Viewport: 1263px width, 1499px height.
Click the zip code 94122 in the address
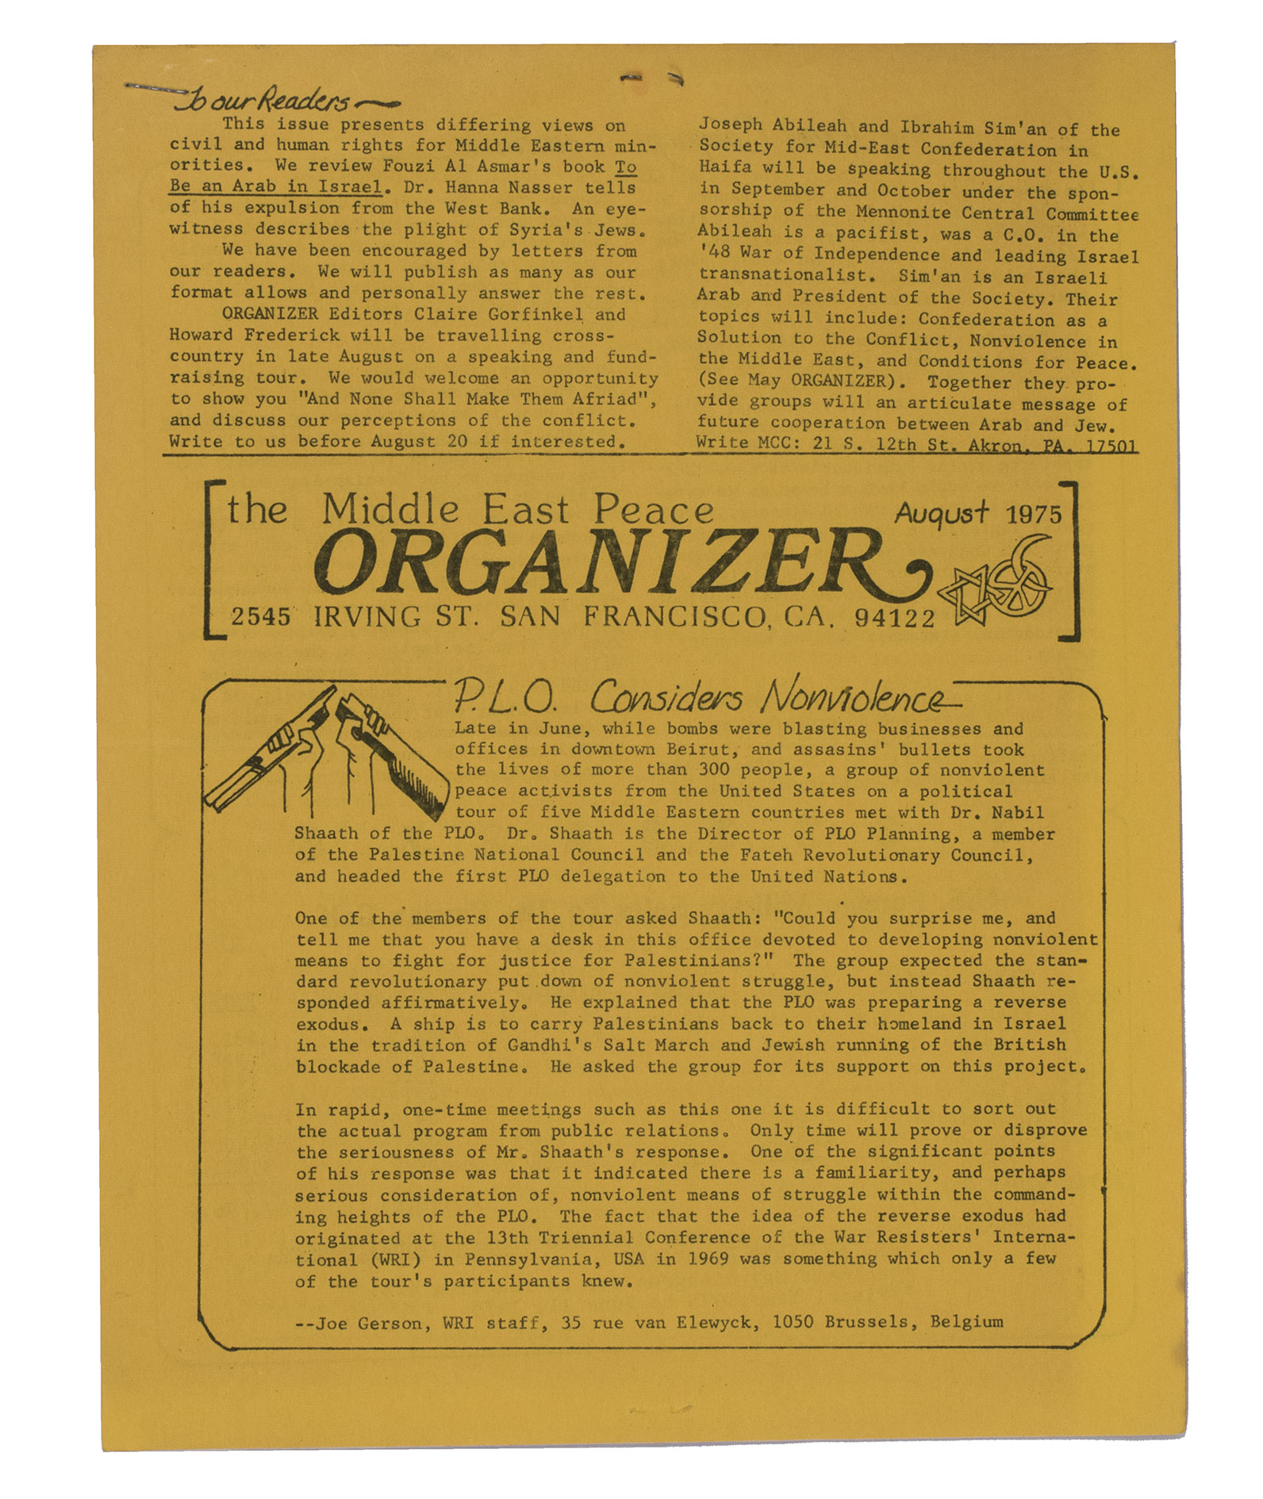tap(896, 618)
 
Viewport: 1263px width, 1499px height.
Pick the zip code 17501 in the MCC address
tap(1111, 446)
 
